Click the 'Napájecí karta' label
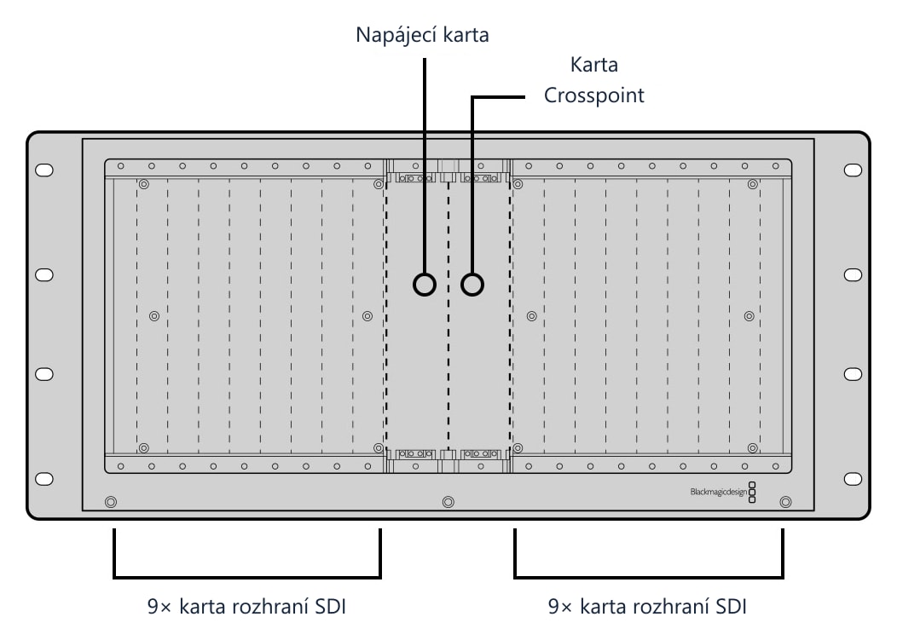tap(422, 35)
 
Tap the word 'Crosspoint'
tap(593, 95)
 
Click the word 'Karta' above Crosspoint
tap(593, 65)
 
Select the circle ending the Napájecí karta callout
tap(425, 285)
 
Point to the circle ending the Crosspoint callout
tap(472, 285)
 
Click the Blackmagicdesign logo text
tap(719, 492)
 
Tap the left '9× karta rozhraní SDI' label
tap(246, 606)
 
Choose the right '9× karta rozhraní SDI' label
tap(647, 606)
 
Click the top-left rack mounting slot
tap(44, 170)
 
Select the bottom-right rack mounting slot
tap(853, 479)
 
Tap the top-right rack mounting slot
tap(853, 170)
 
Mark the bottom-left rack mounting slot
tap(44, 479)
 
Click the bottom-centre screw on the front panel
tap(448, 502)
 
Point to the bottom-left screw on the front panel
tap(111, 502)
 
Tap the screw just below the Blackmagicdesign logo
tap(786, 502)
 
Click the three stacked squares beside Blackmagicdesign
tap(752, 492)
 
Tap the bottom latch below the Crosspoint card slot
tap(481, 454)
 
